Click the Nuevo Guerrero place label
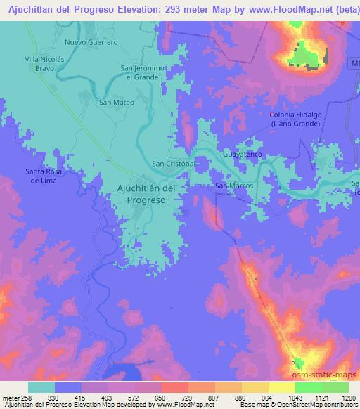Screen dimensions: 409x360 tap(90, 42)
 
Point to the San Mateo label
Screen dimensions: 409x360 tap(116, 102)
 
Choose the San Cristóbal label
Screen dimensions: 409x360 tap(173, 164)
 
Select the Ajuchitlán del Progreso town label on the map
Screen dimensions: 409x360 tap(146, 194)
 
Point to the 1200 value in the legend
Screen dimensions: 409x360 tap(339, 397)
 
